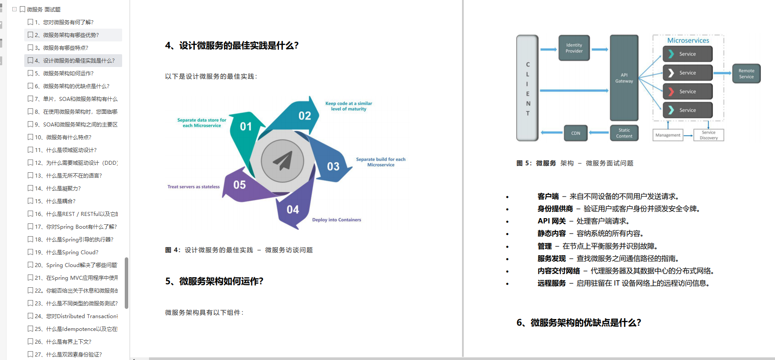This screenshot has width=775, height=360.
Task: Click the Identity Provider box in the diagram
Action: tap(574, 48)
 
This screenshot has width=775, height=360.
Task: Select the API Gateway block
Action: tap(624, 78)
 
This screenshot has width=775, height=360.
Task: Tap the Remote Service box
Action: tap(746, 74)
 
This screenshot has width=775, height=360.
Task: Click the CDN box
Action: tap(576, 133)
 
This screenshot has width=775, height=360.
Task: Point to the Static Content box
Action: tap(624, 133)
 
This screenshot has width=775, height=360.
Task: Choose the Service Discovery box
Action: tap(708, 135)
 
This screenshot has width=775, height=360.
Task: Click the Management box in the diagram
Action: tap(667, 135)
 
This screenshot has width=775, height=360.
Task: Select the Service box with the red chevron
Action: tap(687, 92)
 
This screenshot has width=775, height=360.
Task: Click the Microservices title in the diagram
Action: tap(688, 41)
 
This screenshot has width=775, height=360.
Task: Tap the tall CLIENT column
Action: tap(528, 88)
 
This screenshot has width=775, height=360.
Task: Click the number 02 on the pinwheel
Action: tap(305, 116)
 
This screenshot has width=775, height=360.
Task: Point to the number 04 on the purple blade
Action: tap(293, 210)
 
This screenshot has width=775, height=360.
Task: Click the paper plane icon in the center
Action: tap(283, 161)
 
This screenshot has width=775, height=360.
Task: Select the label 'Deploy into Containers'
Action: tap(336, 220)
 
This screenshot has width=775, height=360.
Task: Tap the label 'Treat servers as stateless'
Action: tap(194, 187)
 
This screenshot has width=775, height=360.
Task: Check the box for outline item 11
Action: tap(30, 150)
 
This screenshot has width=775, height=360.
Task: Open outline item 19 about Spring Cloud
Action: tap(72, 252)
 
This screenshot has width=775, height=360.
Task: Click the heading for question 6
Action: tap(578, 323)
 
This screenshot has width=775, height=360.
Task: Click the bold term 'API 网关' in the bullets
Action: tap(551, 221)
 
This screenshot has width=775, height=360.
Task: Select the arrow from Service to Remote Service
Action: tap(722, 73)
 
